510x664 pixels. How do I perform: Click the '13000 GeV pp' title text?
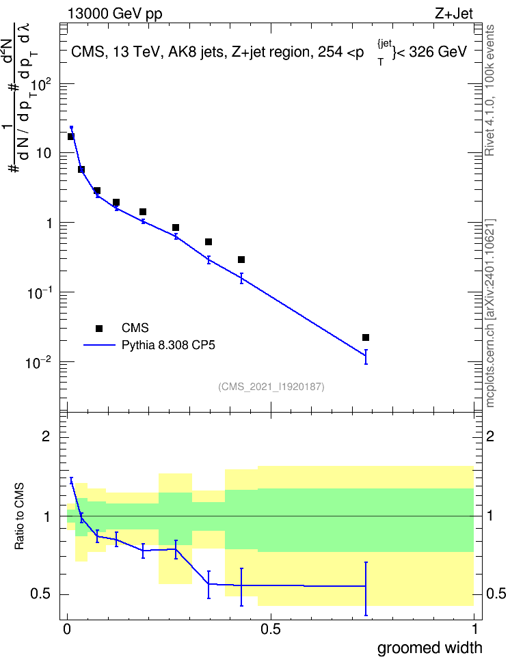[114, 14]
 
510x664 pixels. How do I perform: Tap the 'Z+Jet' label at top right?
[454, 14]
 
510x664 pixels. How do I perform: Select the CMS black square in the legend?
[99, 328]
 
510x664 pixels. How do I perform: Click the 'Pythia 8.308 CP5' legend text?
[168, 345]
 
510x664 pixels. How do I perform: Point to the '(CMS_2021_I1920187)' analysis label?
[271, 386]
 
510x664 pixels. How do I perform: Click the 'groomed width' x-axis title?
[430, 648]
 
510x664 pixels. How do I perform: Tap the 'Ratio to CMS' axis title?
[19, 516]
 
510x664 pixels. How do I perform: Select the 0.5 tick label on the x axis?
[271, 629]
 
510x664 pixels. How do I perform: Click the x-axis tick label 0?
[67, 629]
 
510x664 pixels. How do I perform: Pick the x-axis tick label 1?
[474, 629]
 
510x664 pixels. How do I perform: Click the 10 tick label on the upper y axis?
[44, 153]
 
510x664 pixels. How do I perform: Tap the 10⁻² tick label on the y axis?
[38, 363]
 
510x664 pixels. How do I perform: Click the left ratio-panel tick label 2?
[46, 436]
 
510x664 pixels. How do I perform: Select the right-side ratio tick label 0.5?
[496, 594]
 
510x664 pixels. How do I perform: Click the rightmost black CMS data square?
[366, 337]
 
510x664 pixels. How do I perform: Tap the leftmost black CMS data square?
[71, 137]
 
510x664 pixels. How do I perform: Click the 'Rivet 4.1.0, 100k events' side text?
[489, 90]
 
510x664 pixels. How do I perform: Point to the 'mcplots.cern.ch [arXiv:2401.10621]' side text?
[489, 314]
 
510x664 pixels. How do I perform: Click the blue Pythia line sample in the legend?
[99, 345]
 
